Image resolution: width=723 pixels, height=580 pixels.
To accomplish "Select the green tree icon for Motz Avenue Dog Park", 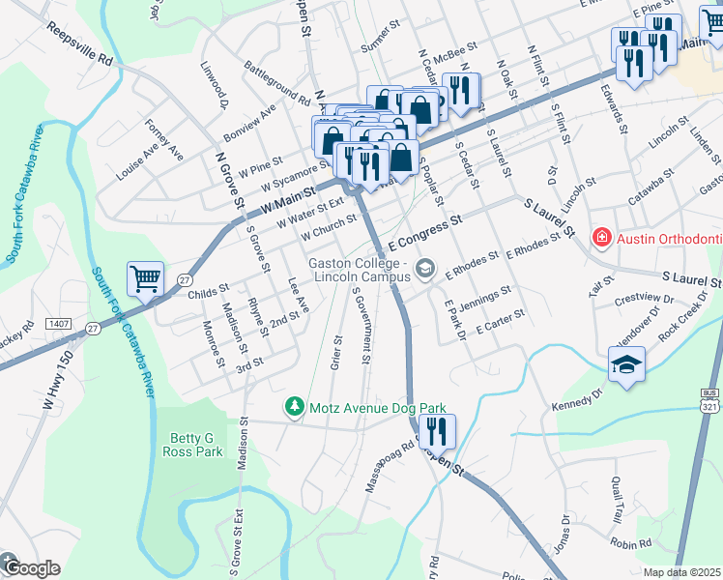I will click(x=294, y=408).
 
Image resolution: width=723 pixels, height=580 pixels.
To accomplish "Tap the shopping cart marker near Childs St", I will click(x=145, y=279).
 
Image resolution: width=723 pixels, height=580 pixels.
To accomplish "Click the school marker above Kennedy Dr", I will click(x=626, y=364).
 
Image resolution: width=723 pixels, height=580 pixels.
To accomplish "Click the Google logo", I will click(x=29, y=568).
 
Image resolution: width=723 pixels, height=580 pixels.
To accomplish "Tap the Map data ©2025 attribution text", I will click(x=681, y=572).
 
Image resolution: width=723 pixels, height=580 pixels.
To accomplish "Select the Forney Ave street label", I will click(x=163, y=140).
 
